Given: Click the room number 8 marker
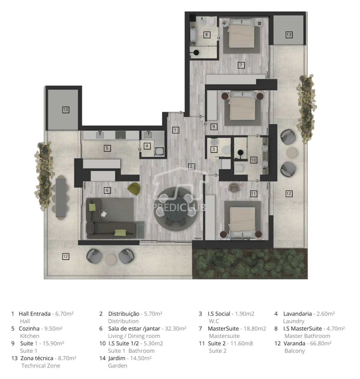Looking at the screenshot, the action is (x=206, y=35).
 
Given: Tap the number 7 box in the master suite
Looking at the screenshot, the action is (x=241, y=65).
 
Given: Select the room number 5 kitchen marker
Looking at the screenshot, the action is (x=107, y=148).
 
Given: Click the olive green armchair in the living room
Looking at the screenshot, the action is (x=134, y=189).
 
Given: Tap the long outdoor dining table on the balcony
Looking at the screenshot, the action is (x=61, y=198).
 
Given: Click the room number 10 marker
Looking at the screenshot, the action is (x=253, y=160).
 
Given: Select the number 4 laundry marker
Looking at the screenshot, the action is (x=147, y=146).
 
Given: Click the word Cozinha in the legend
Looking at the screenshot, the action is (x=29, y=328).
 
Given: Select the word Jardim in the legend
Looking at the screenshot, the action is (x=117, y=358).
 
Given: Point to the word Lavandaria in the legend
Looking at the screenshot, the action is (x=297, y=314).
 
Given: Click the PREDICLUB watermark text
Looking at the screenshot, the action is (x=179, y=207).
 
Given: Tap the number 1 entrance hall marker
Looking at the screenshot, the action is (x=175, y=130).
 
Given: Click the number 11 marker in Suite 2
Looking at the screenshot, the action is (x=253, y=194).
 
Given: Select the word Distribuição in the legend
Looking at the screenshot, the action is (x=124, y=314).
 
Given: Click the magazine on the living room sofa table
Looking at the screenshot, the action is (x=104, y=214).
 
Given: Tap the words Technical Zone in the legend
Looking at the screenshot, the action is (x=41, y=365).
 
